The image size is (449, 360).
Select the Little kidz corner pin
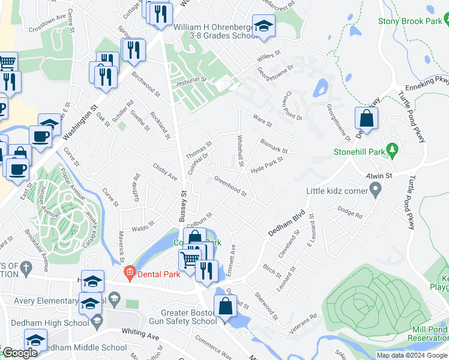click(376, 191)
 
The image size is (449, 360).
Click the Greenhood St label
click(231, 185)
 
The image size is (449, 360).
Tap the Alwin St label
click(379, 176)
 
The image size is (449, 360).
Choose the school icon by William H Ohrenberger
click(264, 26)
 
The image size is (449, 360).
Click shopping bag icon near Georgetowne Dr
click(366, 119)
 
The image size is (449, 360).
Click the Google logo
click(19, 353)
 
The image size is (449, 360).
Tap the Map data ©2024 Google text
click(411, 355)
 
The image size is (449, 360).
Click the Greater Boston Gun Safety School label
click(187, 317)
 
